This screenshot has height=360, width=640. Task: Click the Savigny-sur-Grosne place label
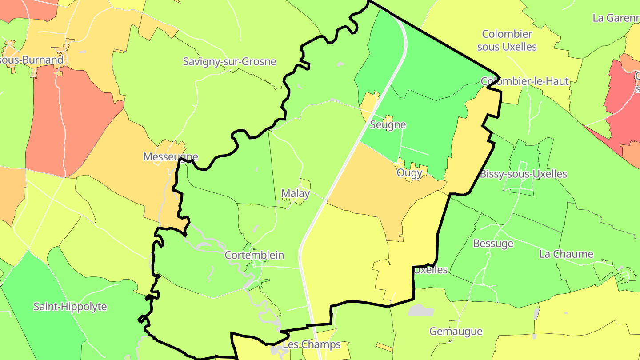pyautogui.click(x=229, y=62)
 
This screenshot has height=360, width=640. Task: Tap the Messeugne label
pyautogui.click(x=170, y=157)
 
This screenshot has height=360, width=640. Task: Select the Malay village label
pyautogui.click(x=295, y=193)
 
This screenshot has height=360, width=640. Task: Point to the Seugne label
pyautogui.click(x=388, y=125)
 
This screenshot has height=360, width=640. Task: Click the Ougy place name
pyautogui.click(x=409, y=173)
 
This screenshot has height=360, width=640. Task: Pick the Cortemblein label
pyautogui.click(x=254, y=255)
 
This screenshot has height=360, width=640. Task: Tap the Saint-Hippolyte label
pyautogui.click(x=70, y=307)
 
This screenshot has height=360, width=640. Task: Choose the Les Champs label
pyautogui.click(x=312, y=344)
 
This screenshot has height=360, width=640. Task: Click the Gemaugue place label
pyautogui.click(x=456, y=332)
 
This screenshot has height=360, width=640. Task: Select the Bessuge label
pyautogui.click(x=493, y=244)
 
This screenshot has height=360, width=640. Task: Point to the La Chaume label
pyautogui.click(x=566, y=254)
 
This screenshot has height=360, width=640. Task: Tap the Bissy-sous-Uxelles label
pyautogui.click(x=523, y=174)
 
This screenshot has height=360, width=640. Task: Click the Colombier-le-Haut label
pyautogui.click(x=524, y=81)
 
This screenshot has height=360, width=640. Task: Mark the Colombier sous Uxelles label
pyautogui.click(x=507, y=40)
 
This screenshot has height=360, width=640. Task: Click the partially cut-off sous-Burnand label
pyautogui.click(x=31, y=60)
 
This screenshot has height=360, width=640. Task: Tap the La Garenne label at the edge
pyautogui.click(x=616, y=18)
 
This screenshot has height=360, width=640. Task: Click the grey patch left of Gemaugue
pyautogui.click(x=420, y=310)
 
